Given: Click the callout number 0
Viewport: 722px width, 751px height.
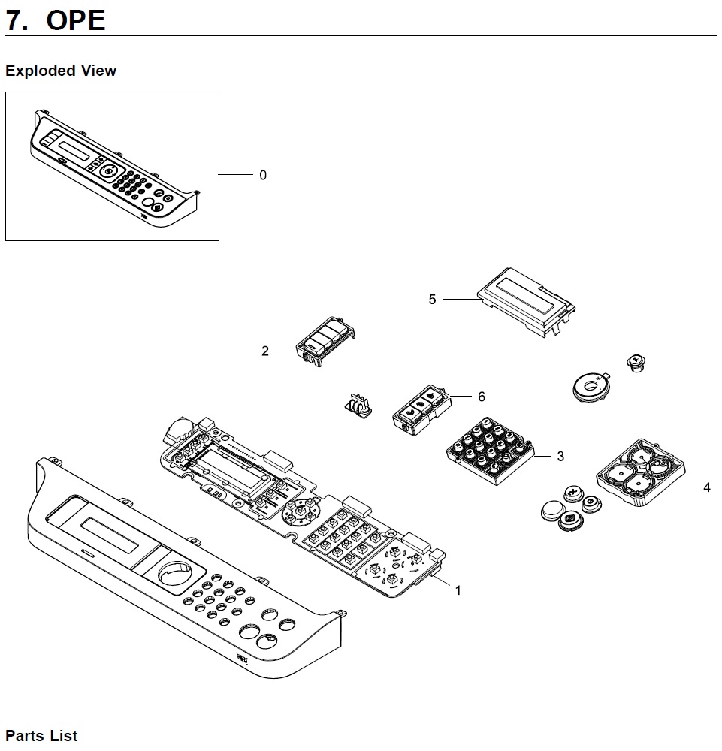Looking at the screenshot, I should pyautogui.click(x=262, y=176).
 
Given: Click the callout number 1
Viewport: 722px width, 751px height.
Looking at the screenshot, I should pyautogui.click(x=458, y=590).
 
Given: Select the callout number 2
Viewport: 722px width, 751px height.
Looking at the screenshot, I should pyautogui.click(x=265, y=351).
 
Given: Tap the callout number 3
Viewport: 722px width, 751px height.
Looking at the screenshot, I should pyautogui.click(x=560, y=456).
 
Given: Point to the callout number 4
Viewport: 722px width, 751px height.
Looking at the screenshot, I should pyautogui.click(x=706, y=487).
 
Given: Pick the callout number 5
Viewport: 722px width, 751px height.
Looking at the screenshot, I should pyautogui.click(x=432, y=300).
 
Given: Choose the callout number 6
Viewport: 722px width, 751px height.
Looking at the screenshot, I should pyautogui.click(x=481, y=397).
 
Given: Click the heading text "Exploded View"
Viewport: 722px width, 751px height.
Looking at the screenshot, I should pyautogui.click(x=61, y=71).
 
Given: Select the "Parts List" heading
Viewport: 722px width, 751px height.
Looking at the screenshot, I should pyautogui.click(x=41, y=735).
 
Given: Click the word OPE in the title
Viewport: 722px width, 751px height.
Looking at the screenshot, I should pyautogui.click(x=76, y=20).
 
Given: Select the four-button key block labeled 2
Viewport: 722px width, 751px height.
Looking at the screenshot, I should pyautogui.click(x=327, y=341).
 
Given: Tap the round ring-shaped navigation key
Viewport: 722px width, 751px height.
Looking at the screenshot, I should pyautogui.click(x=591, y=385).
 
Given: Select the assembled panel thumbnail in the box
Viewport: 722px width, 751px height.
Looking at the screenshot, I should pyautogui.click(x=113, y=166).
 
